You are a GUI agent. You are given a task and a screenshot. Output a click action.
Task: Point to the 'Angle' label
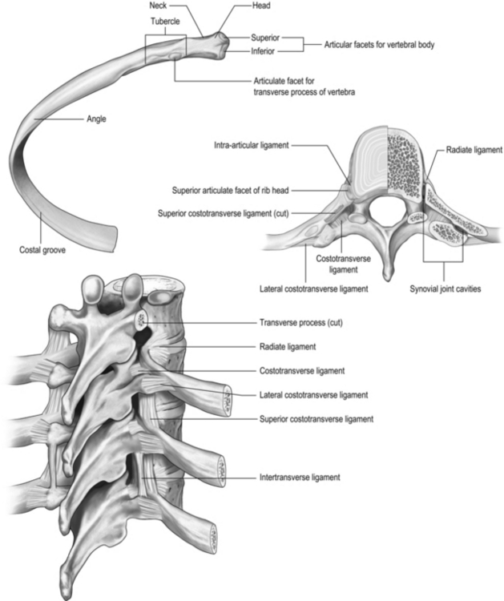click(x=96, y=119)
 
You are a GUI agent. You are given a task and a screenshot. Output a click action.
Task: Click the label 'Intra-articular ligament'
click(x=252, y=146)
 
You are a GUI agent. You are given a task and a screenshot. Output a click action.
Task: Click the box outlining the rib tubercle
click(x=165, y=46)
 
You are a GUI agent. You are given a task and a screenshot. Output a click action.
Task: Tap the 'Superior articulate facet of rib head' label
click(x=231, y=190)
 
